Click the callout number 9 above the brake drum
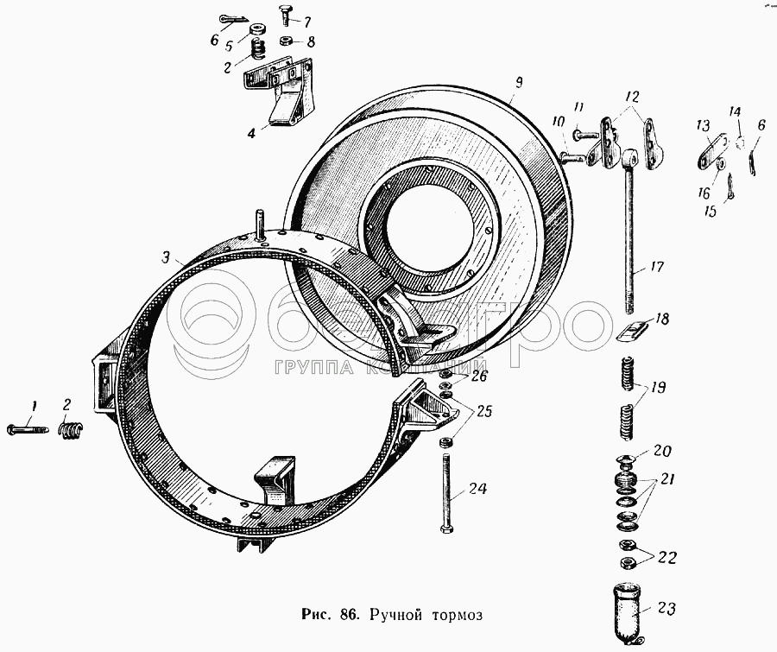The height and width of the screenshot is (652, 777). pyautogui.click(x=518, y=83)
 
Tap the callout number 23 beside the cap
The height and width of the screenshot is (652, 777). pyautogui.click(x=667, y=608)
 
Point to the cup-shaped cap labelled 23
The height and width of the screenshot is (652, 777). pyautogui.click(x=626, y=614)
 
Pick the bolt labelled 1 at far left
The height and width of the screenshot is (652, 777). pyautogui.click(x=28, y=429)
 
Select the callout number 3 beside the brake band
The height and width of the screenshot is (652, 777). pyautogui.click(x=166, y=257)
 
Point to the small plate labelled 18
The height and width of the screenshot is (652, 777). pyautogui.click(x=630, y=330)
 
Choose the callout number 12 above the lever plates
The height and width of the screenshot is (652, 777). pyautogui.click(x=632, y=97)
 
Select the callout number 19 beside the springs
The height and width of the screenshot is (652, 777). pyautogui.click(x=658, y=387)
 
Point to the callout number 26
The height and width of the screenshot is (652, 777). pyautogui.click(x=479, y=376)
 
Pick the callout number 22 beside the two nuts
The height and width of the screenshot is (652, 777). pyautogui.click(x=667, y=558)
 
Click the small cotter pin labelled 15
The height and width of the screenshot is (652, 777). pyautogui.click(x=730, y=188)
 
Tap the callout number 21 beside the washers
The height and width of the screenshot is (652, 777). pyautogui.click(x=667, y=480)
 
